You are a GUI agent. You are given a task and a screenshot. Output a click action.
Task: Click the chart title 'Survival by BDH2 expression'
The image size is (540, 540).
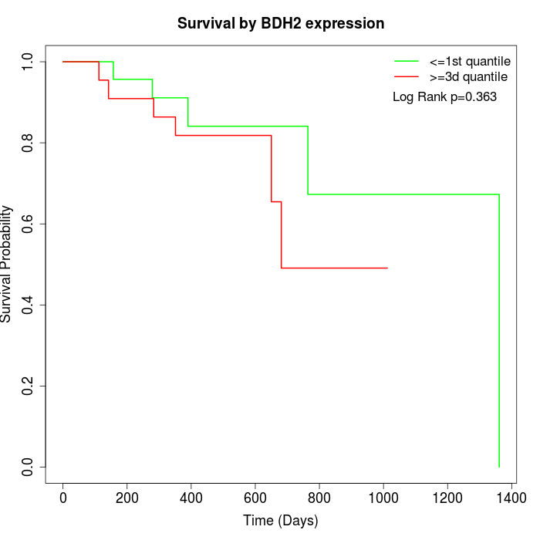coord(281,23)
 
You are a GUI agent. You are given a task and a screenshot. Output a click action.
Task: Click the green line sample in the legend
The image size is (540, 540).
coord(407,61)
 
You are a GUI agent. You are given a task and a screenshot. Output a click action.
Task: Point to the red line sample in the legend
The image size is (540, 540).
coord(407,76)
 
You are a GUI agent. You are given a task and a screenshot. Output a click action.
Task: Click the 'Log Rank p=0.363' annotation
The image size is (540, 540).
coord(444,97)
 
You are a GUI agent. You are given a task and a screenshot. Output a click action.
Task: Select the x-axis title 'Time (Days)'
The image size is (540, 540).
coord(281,521)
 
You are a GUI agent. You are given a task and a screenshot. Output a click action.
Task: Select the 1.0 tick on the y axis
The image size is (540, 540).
coord(29,61)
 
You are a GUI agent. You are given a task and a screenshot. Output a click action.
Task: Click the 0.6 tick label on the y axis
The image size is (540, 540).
coord(29,224)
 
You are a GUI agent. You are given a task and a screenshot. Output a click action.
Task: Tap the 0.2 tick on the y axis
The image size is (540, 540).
coord(29,386)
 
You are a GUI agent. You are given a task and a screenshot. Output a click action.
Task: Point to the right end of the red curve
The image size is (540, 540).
coord(386,268)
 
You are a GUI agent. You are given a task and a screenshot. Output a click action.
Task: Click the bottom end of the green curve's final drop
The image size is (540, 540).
coord(499,467)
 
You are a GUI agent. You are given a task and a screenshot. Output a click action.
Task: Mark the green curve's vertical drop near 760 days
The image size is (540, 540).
coord(308,160)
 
